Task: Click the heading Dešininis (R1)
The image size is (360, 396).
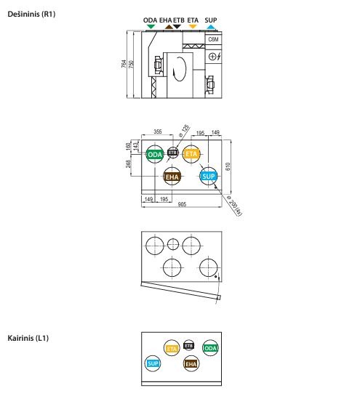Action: pos(31,14)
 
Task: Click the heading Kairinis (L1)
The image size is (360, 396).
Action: pos(28,338)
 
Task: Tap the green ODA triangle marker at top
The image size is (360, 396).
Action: pos(151,26)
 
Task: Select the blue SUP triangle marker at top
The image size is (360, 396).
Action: pos(211,26)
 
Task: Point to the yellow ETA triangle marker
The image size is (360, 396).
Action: pos(193,26)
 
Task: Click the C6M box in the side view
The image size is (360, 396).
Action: pos(213,39)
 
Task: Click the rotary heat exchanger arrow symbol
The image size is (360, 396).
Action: pos(179,69)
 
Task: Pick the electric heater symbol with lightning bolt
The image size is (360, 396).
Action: pos(215,57)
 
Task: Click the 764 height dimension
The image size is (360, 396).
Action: pos(124,64)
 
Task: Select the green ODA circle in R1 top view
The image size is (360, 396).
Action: pos(155,154)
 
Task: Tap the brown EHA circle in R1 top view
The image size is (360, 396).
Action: pos(172,177)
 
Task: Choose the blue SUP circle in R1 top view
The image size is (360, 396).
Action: pos(209,177)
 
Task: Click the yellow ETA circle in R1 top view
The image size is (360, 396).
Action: pos(191,154)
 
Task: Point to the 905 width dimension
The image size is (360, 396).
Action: pos(182,204)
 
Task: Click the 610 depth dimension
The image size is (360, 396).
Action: pos(228,166)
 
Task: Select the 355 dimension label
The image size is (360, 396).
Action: pos(158,132)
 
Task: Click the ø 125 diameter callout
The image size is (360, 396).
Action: pos(184,131)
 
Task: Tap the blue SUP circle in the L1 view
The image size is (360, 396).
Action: pos(153,364)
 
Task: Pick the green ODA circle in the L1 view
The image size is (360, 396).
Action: pos(210,348)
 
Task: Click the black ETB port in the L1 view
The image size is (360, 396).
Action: pos(188,345)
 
